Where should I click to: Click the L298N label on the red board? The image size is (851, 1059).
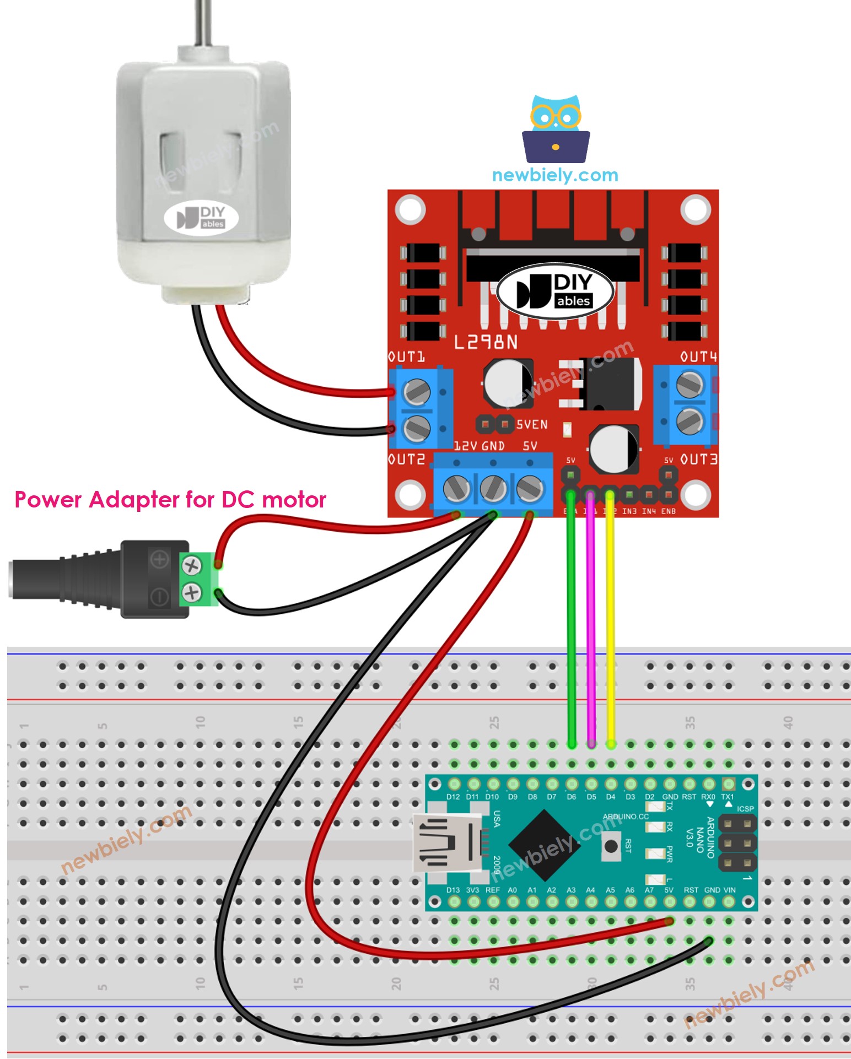click(x=486, y=342)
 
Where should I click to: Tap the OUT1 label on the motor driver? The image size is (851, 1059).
click(x=406, y=357)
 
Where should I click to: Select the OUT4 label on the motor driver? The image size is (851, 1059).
click(x=698, y=357)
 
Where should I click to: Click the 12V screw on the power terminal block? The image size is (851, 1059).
click(x=456, y=488)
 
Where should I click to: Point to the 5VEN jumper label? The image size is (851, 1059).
click(x=531, y=425)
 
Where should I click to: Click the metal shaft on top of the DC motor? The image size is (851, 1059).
click(x=203, y=22)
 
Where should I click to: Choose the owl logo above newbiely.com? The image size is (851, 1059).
click(x=556, y=129)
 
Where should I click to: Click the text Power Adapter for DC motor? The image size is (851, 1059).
click(x=170, y=500)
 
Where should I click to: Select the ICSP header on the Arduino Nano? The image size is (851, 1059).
click(x=737, y=842)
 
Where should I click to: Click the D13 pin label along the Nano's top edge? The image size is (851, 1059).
click(x=453, y=890)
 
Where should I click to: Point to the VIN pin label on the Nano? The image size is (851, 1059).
click(x=729, y=890)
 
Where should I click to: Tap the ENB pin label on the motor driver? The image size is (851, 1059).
click(x=668, y=511)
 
